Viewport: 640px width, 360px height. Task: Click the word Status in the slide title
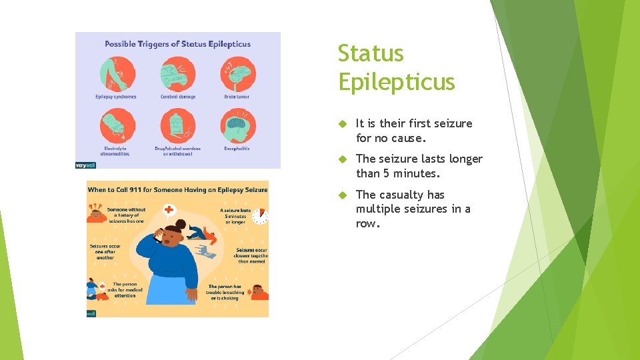pos(371,53)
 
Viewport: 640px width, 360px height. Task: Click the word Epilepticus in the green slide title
pos(396,82)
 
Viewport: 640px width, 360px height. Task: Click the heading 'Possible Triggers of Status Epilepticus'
pos(177,44)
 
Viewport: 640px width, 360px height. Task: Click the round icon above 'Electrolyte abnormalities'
pos(117,126)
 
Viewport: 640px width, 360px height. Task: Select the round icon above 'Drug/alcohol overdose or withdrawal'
pos(177,126)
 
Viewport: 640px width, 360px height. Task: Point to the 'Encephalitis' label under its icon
pos(237,149)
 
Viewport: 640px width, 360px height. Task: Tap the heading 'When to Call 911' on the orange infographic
pos(177,190)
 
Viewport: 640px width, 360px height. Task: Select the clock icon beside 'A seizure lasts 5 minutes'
pos(261,216)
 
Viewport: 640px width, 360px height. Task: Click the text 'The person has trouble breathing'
pos(225,292)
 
